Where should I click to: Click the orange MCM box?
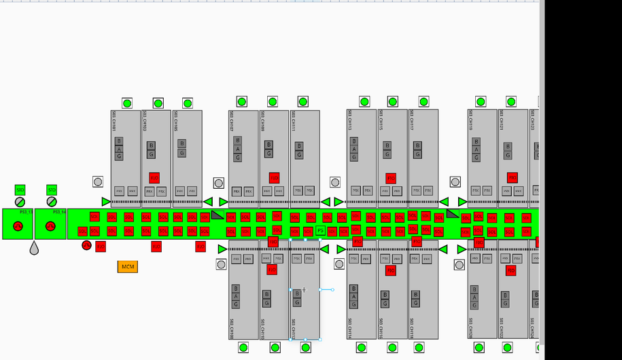tap(127, 267)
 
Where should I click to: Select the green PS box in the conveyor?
tap(320, 231)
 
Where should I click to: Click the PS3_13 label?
tap(26, 213)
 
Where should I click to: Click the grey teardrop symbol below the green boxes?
tap(34, 249)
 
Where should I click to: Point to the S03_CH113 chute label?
tap(350, 120)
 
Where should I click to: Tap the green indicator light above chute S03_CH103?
tap(158, 103)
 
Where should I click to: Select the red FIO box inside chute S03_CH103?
tap(154, 178)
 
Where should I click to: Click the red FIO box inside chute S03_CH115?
tap(391, 178)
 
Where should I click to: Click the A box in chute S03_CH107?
tap(237, 149)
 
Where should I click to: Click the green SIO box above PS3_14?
tap(52, 190)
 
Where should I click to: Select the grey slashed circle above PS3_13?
tap(20, 202)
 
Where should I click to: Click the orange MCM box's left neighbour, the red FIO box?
tap(101, 246)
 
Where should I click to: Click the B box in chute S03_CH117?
tap(416, 145)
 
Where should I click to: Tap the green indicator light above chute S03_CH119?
tap(480, 103)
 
